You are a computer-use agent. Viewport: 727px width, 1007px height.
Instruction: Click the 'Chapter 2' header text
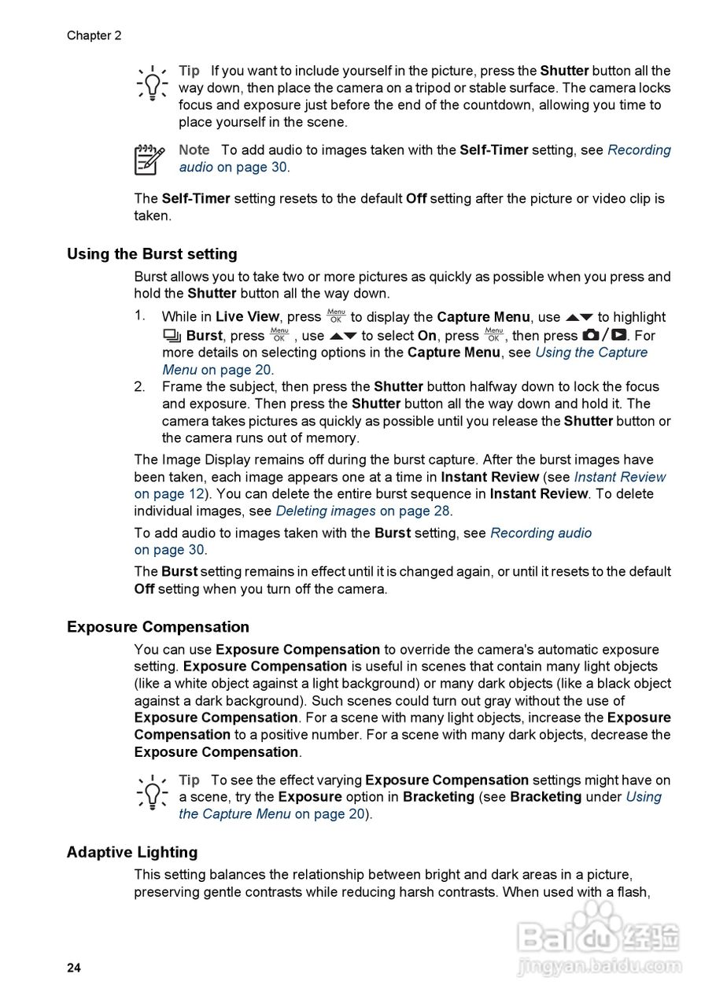click(x=94, y=35)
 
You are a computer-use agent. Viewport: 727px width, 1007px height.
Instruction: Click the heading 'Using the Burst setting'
click(x=152, y=254)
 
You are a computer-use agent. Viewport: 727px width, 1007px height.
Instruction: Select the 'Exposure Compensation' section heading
click(x=157, y=627)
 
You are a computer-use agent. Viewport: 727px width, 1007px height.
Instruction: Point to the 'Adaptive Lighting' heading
click(x=132, y=852)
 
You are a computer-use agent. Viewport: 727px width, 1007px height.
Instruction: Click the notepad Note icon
click(x=149, y=159)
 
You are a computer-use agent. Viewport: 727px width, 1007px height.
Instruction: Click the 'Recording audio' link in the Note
click(x=639, y=149)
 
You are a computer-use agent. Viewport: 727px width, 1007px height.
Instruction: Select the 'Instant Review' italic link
click(x=620, y=477)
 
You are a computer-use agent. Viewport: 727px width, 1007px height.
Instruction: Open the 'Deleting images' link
click(x=326, y=511)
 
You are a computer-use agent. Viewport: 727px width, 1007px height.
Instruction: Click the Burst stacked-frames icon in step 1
click(x=172, y=336)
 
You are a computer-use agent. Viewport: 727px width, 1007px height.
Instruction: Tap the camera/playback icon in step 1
click(x=604, y=335)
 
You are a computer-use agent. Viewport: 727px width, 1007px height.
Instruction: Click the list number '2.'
click(x=140, y=386)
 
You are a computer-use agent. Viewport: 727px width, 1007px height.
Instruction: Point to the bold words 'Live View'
click(x=247, y=317)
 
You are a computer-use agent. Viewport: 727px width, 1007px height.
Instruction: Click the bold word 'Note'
click(x=194, y=149)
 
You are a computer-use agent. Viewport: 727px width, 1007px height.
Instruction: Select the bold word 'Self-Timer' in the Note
click(x=493, y=149)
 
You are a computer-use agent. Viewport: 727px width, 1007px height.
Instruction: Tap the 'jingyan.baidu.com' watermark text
click(x=600, y=966)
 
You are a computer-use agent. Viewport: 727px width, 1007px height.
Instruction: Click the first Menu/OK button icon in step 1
click(x=336, y=316)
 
